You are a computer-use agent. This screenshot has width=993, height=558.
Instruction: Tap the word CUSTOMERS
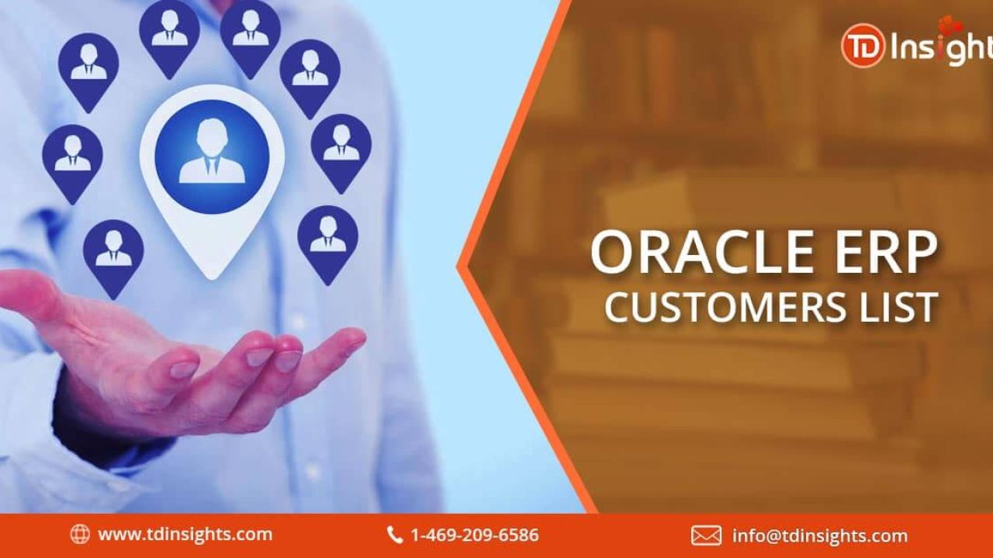coord(725,306)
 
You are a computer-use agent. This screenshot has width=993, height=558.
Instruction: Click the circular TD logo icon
coord(863,46)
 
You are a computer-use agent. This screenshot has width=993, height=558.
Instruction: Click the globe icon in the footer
coord(80,535)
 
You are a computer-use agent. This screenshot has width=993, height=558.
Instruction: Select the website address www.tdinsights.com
coord(185,535)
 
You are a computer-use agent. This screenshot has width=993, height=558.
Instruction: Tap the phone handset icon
coord(395,535)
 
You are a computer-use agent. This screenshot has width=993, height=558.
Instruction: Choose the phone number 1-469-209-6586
coord(475,535)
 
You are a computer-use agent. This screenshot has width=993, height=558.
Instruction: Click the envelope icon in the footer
coord(706,536)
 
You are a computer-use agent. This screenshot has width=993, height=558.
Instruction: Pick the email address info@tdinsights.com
coord(820,536)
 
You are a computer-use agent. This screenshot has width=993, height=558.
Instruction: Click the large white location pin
coord(212,182)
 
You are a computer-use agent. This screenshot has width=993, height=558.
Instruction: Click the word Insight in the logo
coord(942,46)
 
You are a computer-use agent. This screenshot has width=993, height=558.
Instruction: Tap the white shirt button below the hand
coord(313,470)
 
